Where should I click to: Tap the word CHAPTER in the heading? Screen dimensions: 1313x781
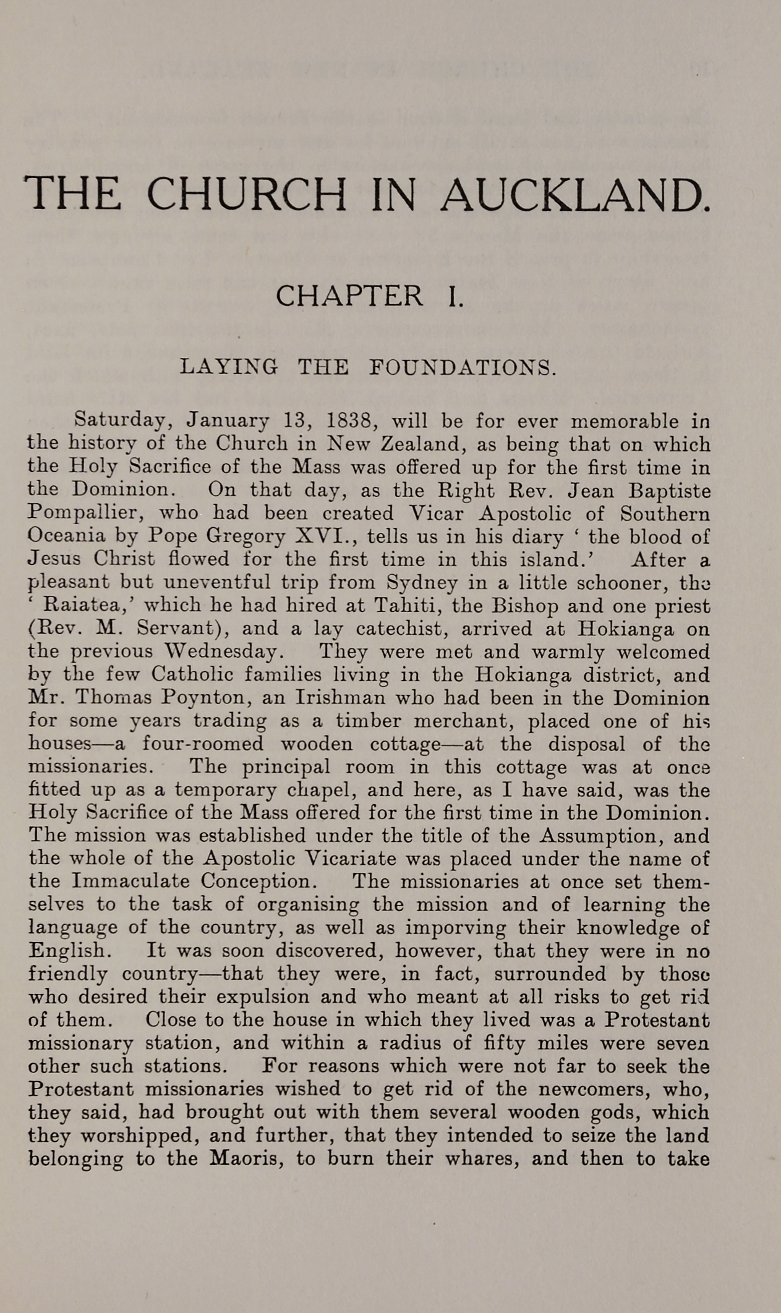pos(349,295)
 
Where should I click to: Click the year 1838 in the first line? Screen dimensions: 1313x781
pos(348,421)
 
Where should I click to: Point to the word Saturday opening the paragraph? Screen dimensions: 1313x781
pos(121,421)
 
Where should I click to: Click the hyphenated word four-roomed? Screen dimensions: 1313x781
pos(203,744)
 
